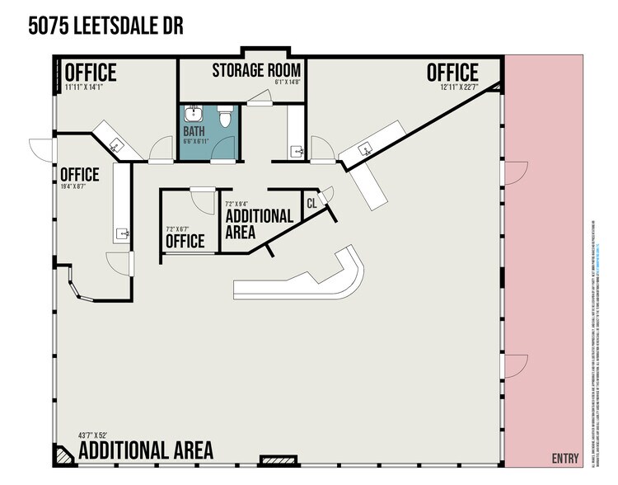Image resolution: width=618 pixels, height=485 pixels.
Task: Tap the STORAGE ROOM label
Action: pos(256,70)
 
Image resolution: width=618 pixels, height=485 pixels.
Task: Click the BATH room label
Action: pos(195,130)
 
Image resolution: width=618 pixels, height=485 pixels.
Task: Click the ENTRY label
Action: pos(565,459)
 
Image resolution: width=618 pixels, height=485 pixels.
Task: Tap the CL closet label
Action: pos(311,202)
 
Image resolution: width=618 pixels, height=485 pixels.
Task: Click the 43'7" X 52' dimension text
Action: pos(99,435)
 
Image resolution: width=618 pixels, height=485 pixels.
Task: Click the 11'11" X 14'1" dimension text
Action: pos(91,84)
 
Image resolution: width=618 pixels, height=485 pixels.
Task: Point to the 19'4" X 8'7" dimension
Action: pos(79,187)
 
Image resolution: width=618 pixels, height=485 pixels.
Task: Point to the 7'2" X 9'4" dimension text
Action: pos(240,203)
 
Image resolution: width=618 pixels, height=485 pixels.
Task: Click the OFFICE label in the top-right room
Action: pos(452,73)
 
